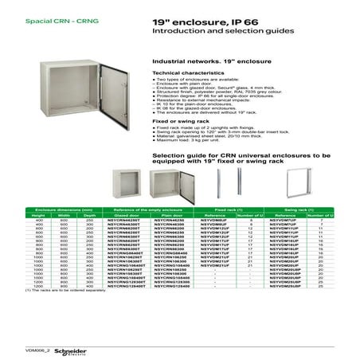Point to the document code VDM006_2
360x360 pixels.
[x=37, y=350]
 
